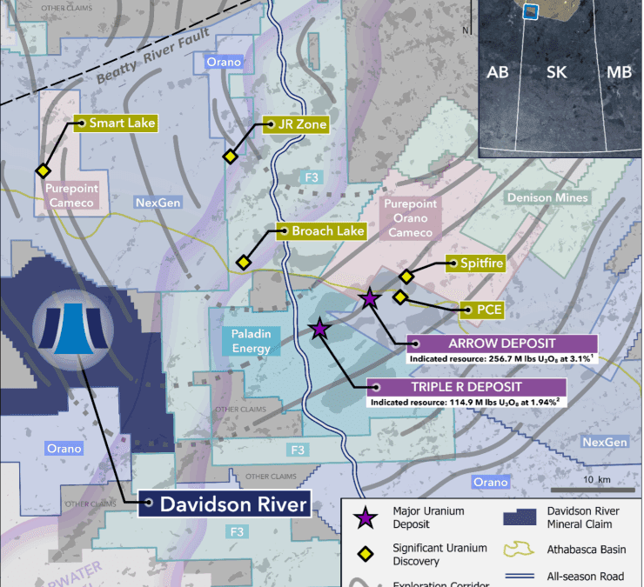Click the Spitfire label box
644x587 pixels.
pos(475,263)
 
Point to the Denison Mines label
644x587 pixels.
pos(547,198)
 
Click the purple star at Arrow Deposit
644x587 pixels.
pos(370,299)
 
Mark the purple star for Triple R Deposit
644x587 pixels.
pos(319,329)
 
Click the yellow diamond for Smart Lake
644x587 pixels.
pos(41,170)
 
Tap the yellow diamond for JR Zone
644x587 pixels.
pos(230,157)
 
